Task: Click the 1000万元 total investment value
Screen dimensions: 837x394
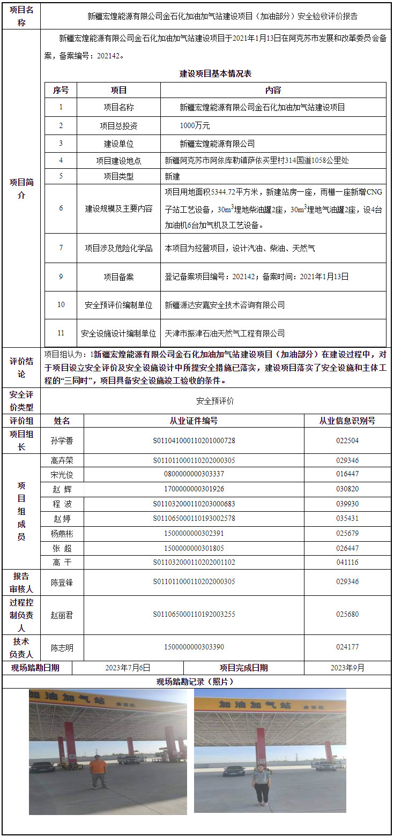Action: [x=195, y=126]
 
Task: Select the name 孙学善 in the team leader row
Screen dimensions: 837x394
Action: [x=62, y=441]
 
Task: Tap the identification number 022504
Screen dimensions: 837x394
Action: [x=347, y=441]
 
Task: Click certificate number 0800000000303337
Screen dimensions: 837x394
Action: [x=194, y=474]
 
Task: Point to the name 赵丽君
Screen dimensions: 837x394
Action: [x=62, y=615]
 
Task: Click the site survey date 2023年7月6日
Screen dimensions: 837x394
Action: [x=128, y=668]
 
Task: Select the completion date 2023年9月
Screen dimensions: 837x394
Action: [x=347, y=668]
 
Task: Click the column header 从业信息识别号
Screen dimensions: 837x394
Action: [x=347, y=421]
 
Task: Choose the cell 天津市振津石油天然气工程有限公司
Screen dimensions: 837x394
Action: [x=225, y=333]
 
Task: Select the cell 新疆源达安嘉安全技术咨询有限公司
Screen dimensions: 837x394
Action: [x=225, y=305]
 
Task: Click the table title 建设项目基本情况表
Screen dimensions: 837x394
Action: [x=215, y=74]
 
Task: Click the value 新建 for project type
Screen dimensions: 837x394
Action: [x=173, y=176]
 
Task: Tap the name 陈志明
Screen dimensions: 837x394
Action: [x=62, y=647]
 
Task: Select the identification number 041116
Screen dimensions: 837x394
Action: [x=347, y=563]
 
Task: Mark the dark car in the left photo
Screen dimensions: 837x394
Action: [x=42, y=767]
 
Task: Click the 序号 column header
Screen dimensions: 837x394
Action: [x=61, y=90]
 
